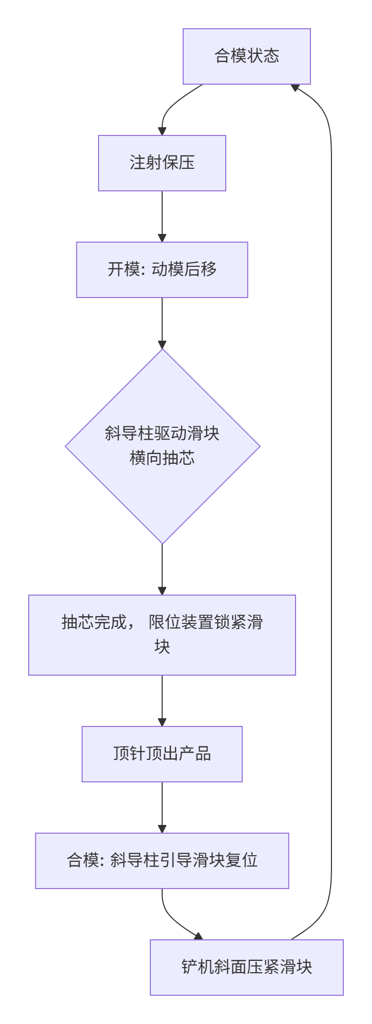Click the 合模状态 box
(x=247, y=56)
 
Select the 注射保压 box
(x=162, y=163)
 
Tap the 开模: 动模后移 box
(x=162, y=270)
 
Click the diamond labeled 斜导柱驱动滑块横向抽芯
(x=162, y=446)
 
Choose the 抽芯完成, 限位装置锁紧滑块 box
(x=162, y=635)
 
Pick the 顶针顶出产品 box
(x=162, y=754)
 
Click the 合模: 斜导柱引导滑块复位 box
(x=162, y=860)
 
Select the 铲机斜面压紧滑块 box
(x=247, y=967)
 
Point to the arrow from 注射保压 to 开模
(x=162, y=216)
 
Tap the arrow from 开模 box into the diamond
(x=162, y=323)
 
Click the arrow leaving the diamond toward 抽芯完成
(x=162, y=569)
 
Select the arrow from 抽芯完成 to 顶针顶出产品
(x=162, y=700)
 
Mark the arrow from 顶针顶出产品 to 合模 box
(x=162, y=807)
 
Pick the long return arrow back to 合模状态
(x=331, y=513)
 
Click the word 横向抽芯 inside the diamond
(x=162, y=458)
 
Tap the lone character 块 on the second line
(x=162, y=647)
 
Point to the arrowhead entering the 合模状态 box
(x=295, y=88)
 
